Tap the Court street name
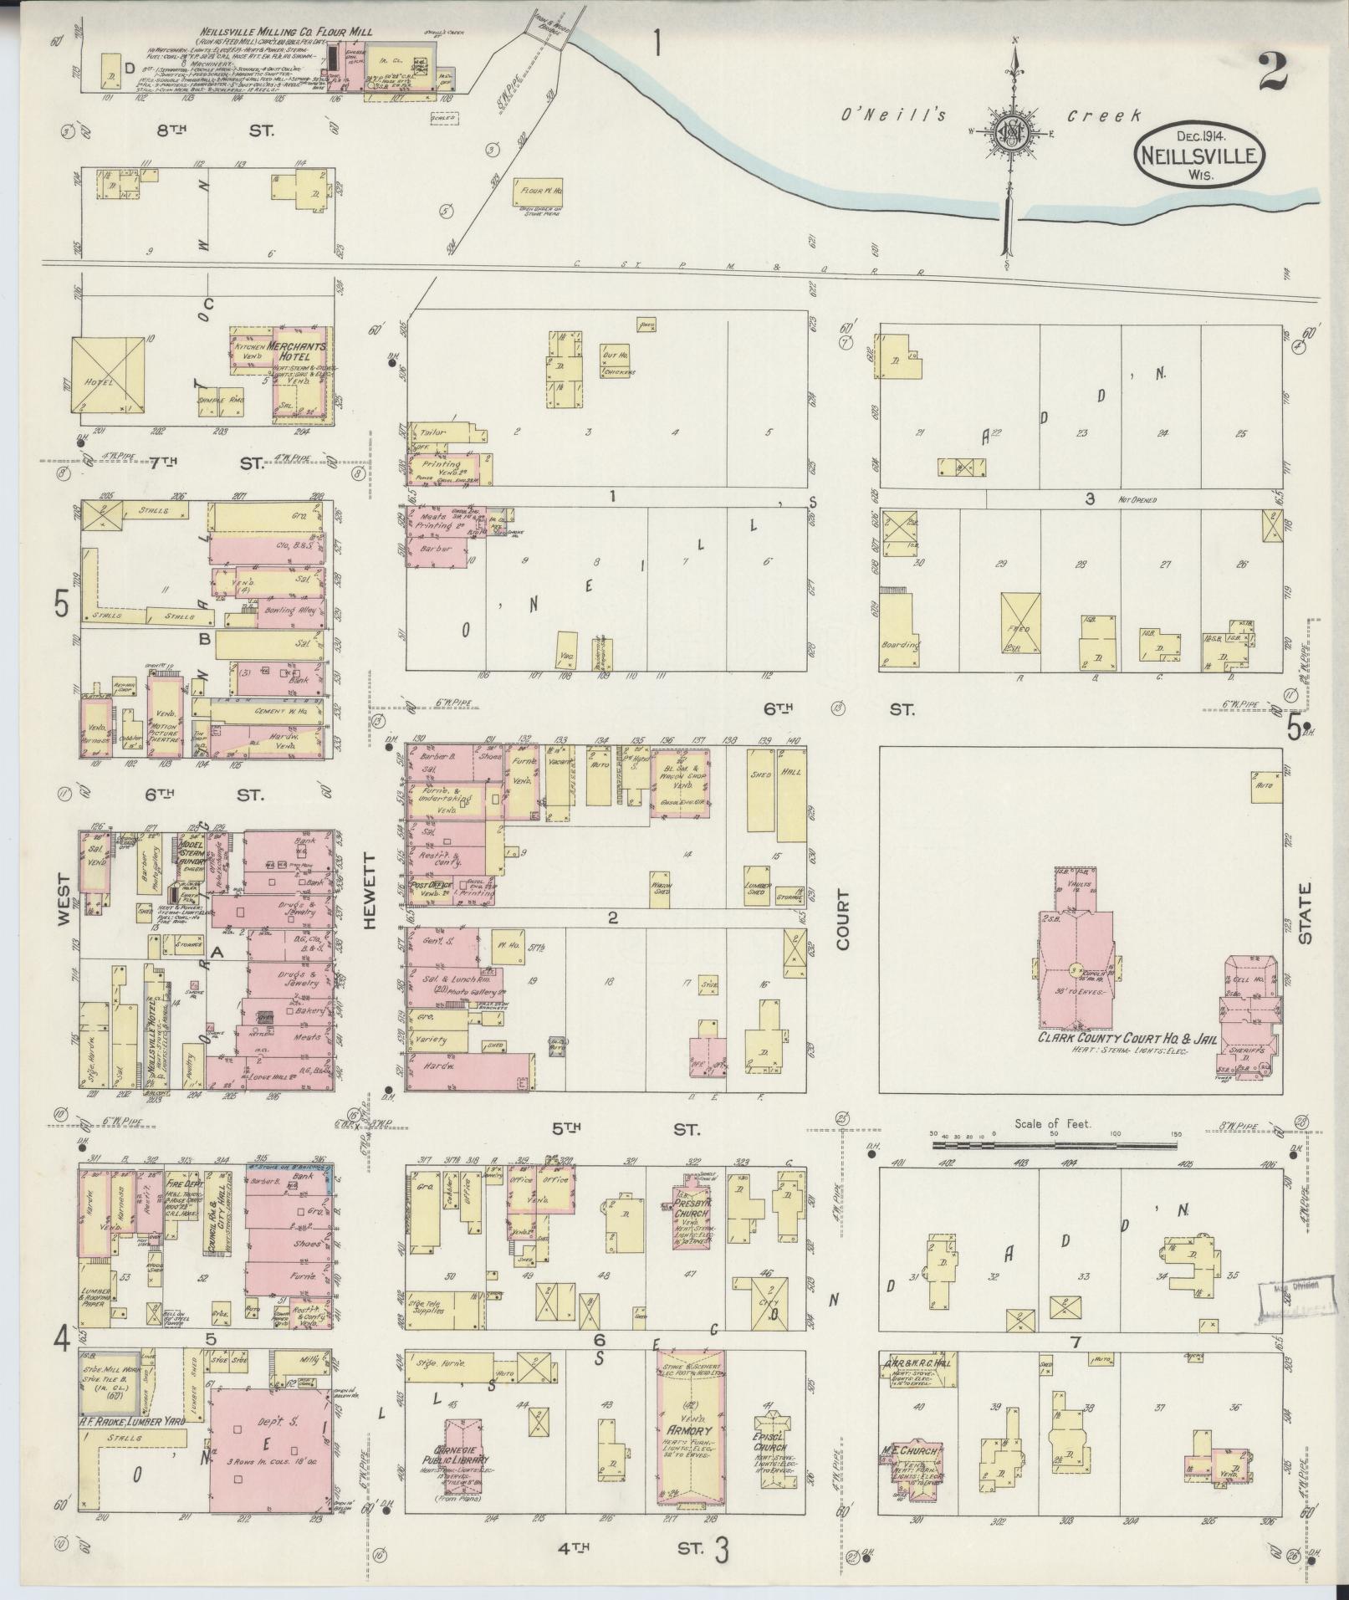coord(841,920)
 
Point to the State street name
coord(1306,912)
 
